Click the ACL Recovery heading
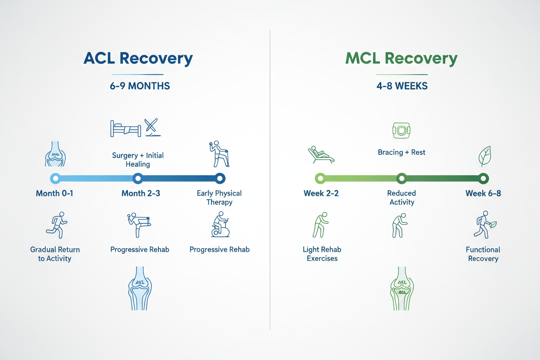pos(138,59)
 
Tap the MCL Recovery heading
pos(401,59)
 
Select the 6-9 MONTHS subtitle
pos(140,86)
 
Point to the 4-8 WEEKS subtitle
pos(402,86)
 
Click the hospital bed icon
pos(125,128)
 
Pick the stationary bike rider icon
pos(220,225)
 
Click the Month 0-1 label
pos(55,193)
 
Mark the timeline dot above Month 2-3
pos(138,178)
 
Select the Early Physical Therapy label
pos(219,198)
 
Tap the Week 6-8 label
pos(483,193)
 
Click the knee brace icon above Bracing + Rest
pos(401,130)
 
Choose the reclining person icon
pos(321,154)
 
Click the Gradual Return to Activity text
pos(55,254)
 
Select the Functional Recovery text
pos(483,254)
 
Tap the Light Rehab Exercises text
pos(322,254)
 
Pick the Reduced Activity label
pos(402,198)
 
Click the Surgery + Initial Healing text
pos(138,160)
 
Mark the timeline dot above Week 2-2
pos(320,178)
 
